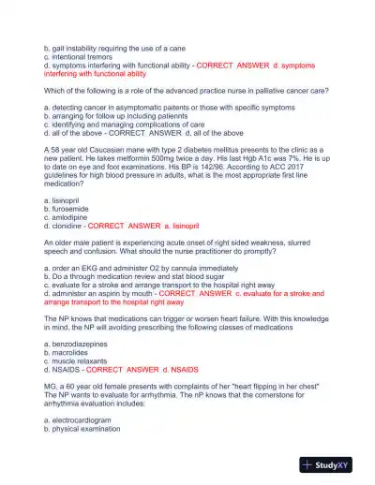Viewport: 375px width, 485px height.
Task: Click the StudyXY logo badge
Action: point(333,463)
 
